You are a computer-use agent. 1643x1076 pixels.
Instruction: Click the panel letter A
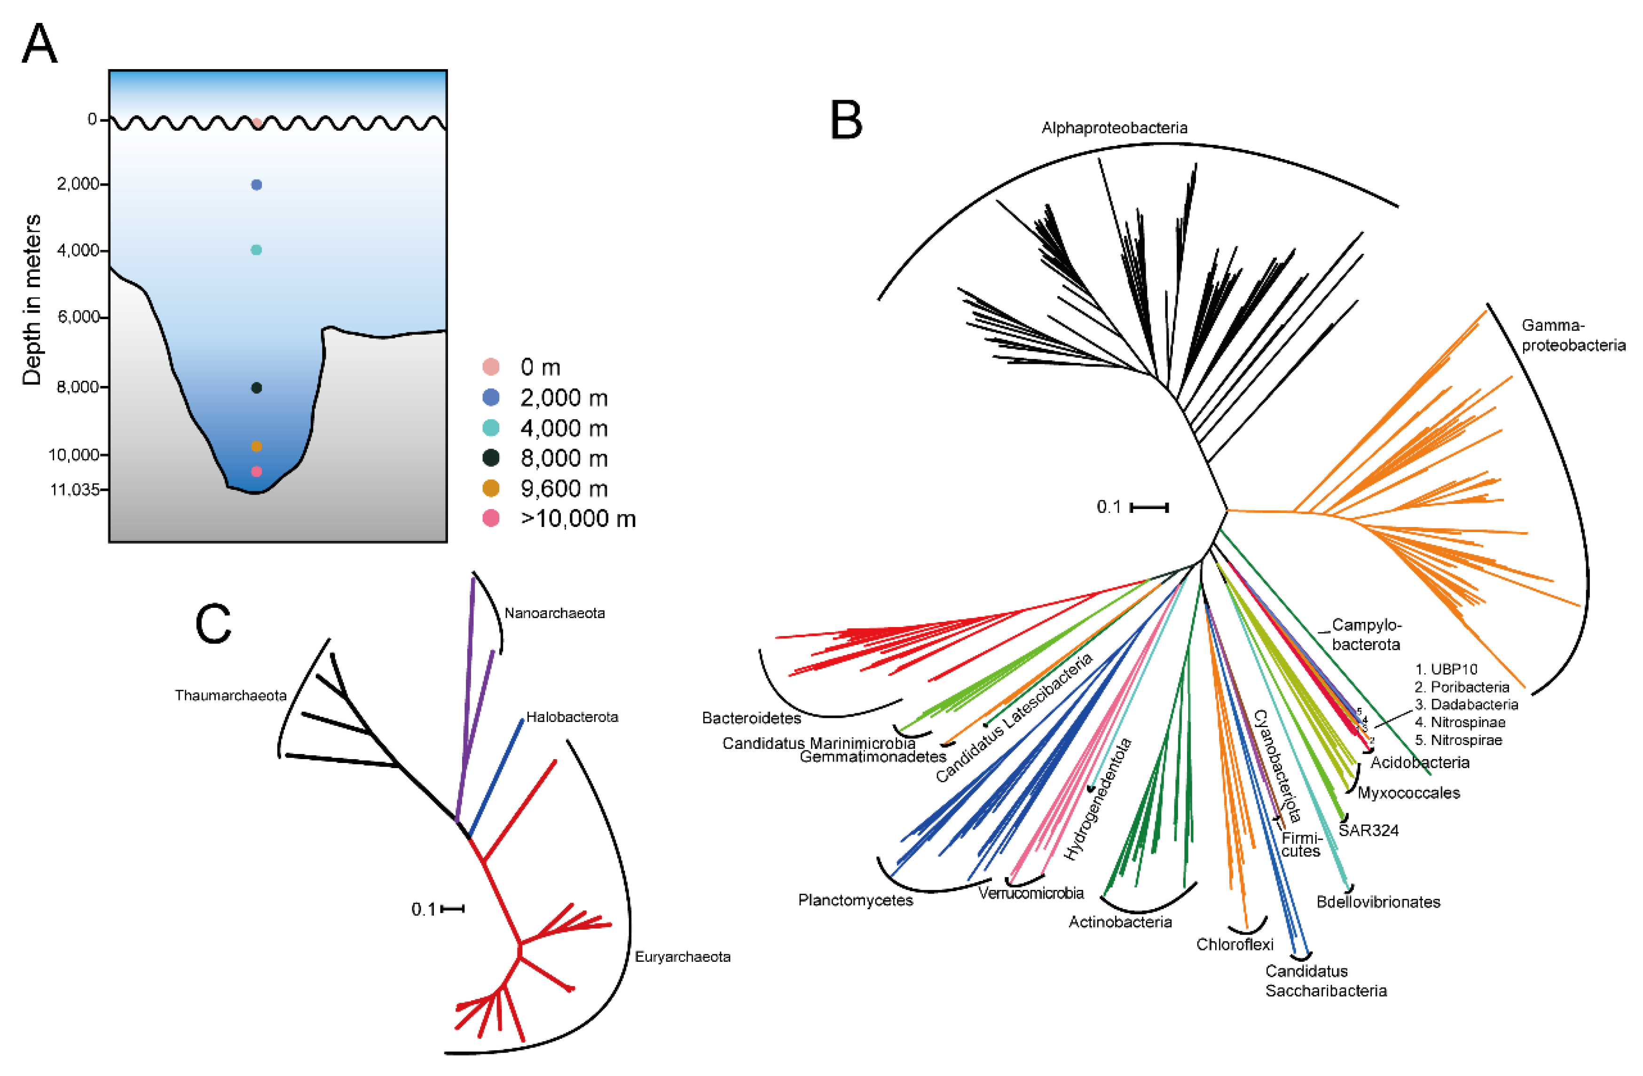pyautogui.click(x=39, y=43)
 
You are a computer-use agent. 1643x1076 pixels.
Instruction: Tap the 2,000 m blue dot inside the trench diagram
pyautogui.click(x=256, y=185)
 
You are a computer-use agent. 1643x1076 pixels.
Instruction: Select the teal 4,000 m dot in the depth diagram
pyautogui.click(x=256, y=250)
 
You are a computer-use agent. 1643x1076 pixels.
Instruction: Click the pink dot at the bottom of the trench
pyautogui.click(x=256, y=471)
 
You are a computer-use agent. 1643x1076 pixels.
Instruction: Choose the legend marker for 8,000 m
pyautogui.click(x=491, y=457)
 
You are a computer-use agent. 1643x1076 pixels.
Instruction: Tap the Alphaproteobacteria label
pyautogui.click(x=1114, y=128)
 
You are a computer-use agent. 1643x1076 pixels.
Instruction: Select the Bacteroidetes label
pyautogui.click(x=751, y=718)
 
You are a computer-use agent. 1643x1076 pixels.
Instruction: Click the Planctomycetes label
pyautogui.click(x=855, y=901)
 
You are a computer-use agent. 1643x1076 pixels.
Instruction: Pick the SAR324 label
pyautogui.click(x=1368, y=830)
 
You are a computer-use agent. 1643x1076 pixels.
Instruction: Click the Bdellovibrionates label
pyautogui.click(x=1378, y=902)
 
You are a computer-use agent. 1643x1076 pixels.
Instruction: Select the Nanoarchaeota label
pyautogui.click(x=554, y=613)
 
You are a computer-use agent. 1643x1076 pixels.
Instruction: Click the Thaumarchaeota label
pyautogui.click(x=230, y=696)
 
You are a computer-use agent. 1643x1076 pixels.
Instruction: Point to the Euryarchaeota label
pyautogui.click(x=682, y=957)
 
